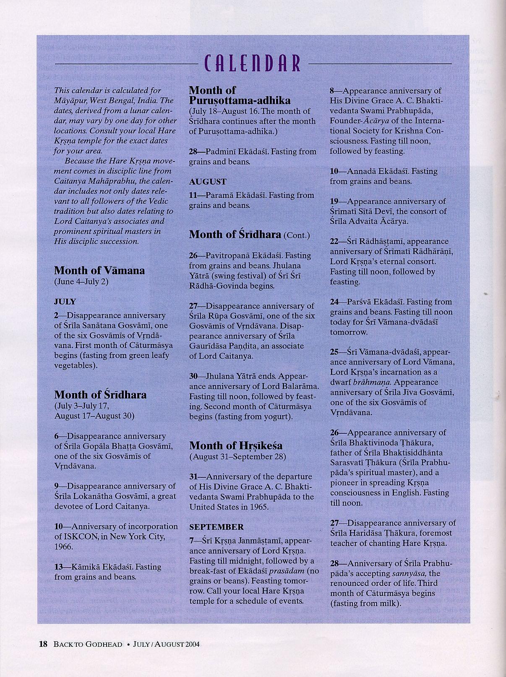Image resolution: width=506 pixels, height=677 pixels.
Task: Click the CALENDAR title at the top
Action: coord(253,63)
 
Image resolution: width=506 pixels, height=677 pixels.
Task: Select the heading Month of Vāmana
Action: coord(99,270)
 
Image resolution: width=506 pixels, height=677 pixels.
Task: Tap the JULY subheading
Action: coord(65,301)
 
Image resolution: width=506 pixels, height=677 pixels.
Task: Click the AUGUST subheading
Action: coord(207,182)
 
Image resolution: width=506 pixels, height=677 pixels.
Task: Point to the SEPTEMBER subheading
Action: coord(216,526)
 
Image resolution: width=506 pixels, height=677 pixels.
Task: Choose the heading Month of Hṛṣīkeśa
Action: coord(236,445)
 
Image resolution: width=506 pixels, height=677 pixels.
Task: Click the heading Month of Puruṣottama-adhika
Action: coord(240,95)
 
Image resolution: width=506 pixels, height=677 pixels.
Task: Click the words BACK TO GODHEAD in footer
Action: coord(88,644)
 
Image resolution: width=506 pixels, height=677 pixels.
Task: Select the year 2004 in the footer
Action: coord(191,644)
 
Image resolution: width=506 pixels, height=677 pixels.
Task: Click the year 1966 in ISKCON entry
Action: coord(64,547)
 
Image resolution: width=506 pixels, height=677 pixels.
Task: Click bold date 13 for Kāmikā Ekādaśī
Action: coord(59,567)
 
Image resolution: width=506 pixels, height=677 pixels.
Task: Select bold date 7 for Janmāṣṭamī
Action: coord(191,541)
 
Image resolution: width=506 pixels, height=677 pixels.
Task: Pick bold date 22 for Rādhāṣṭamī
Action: coord(334,242)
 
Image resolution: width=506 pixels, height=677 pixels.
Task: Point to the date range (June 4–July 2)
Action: coord(81,281)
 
